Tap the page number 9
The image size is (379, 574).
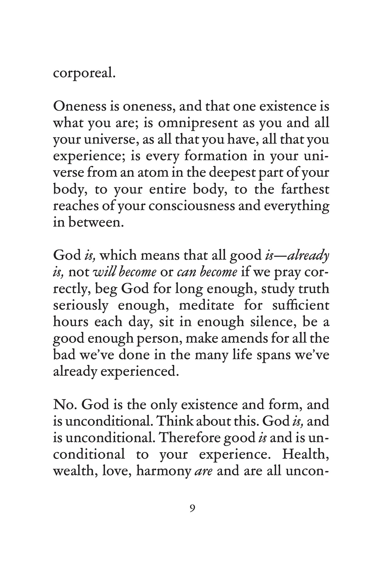[192, 508]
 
